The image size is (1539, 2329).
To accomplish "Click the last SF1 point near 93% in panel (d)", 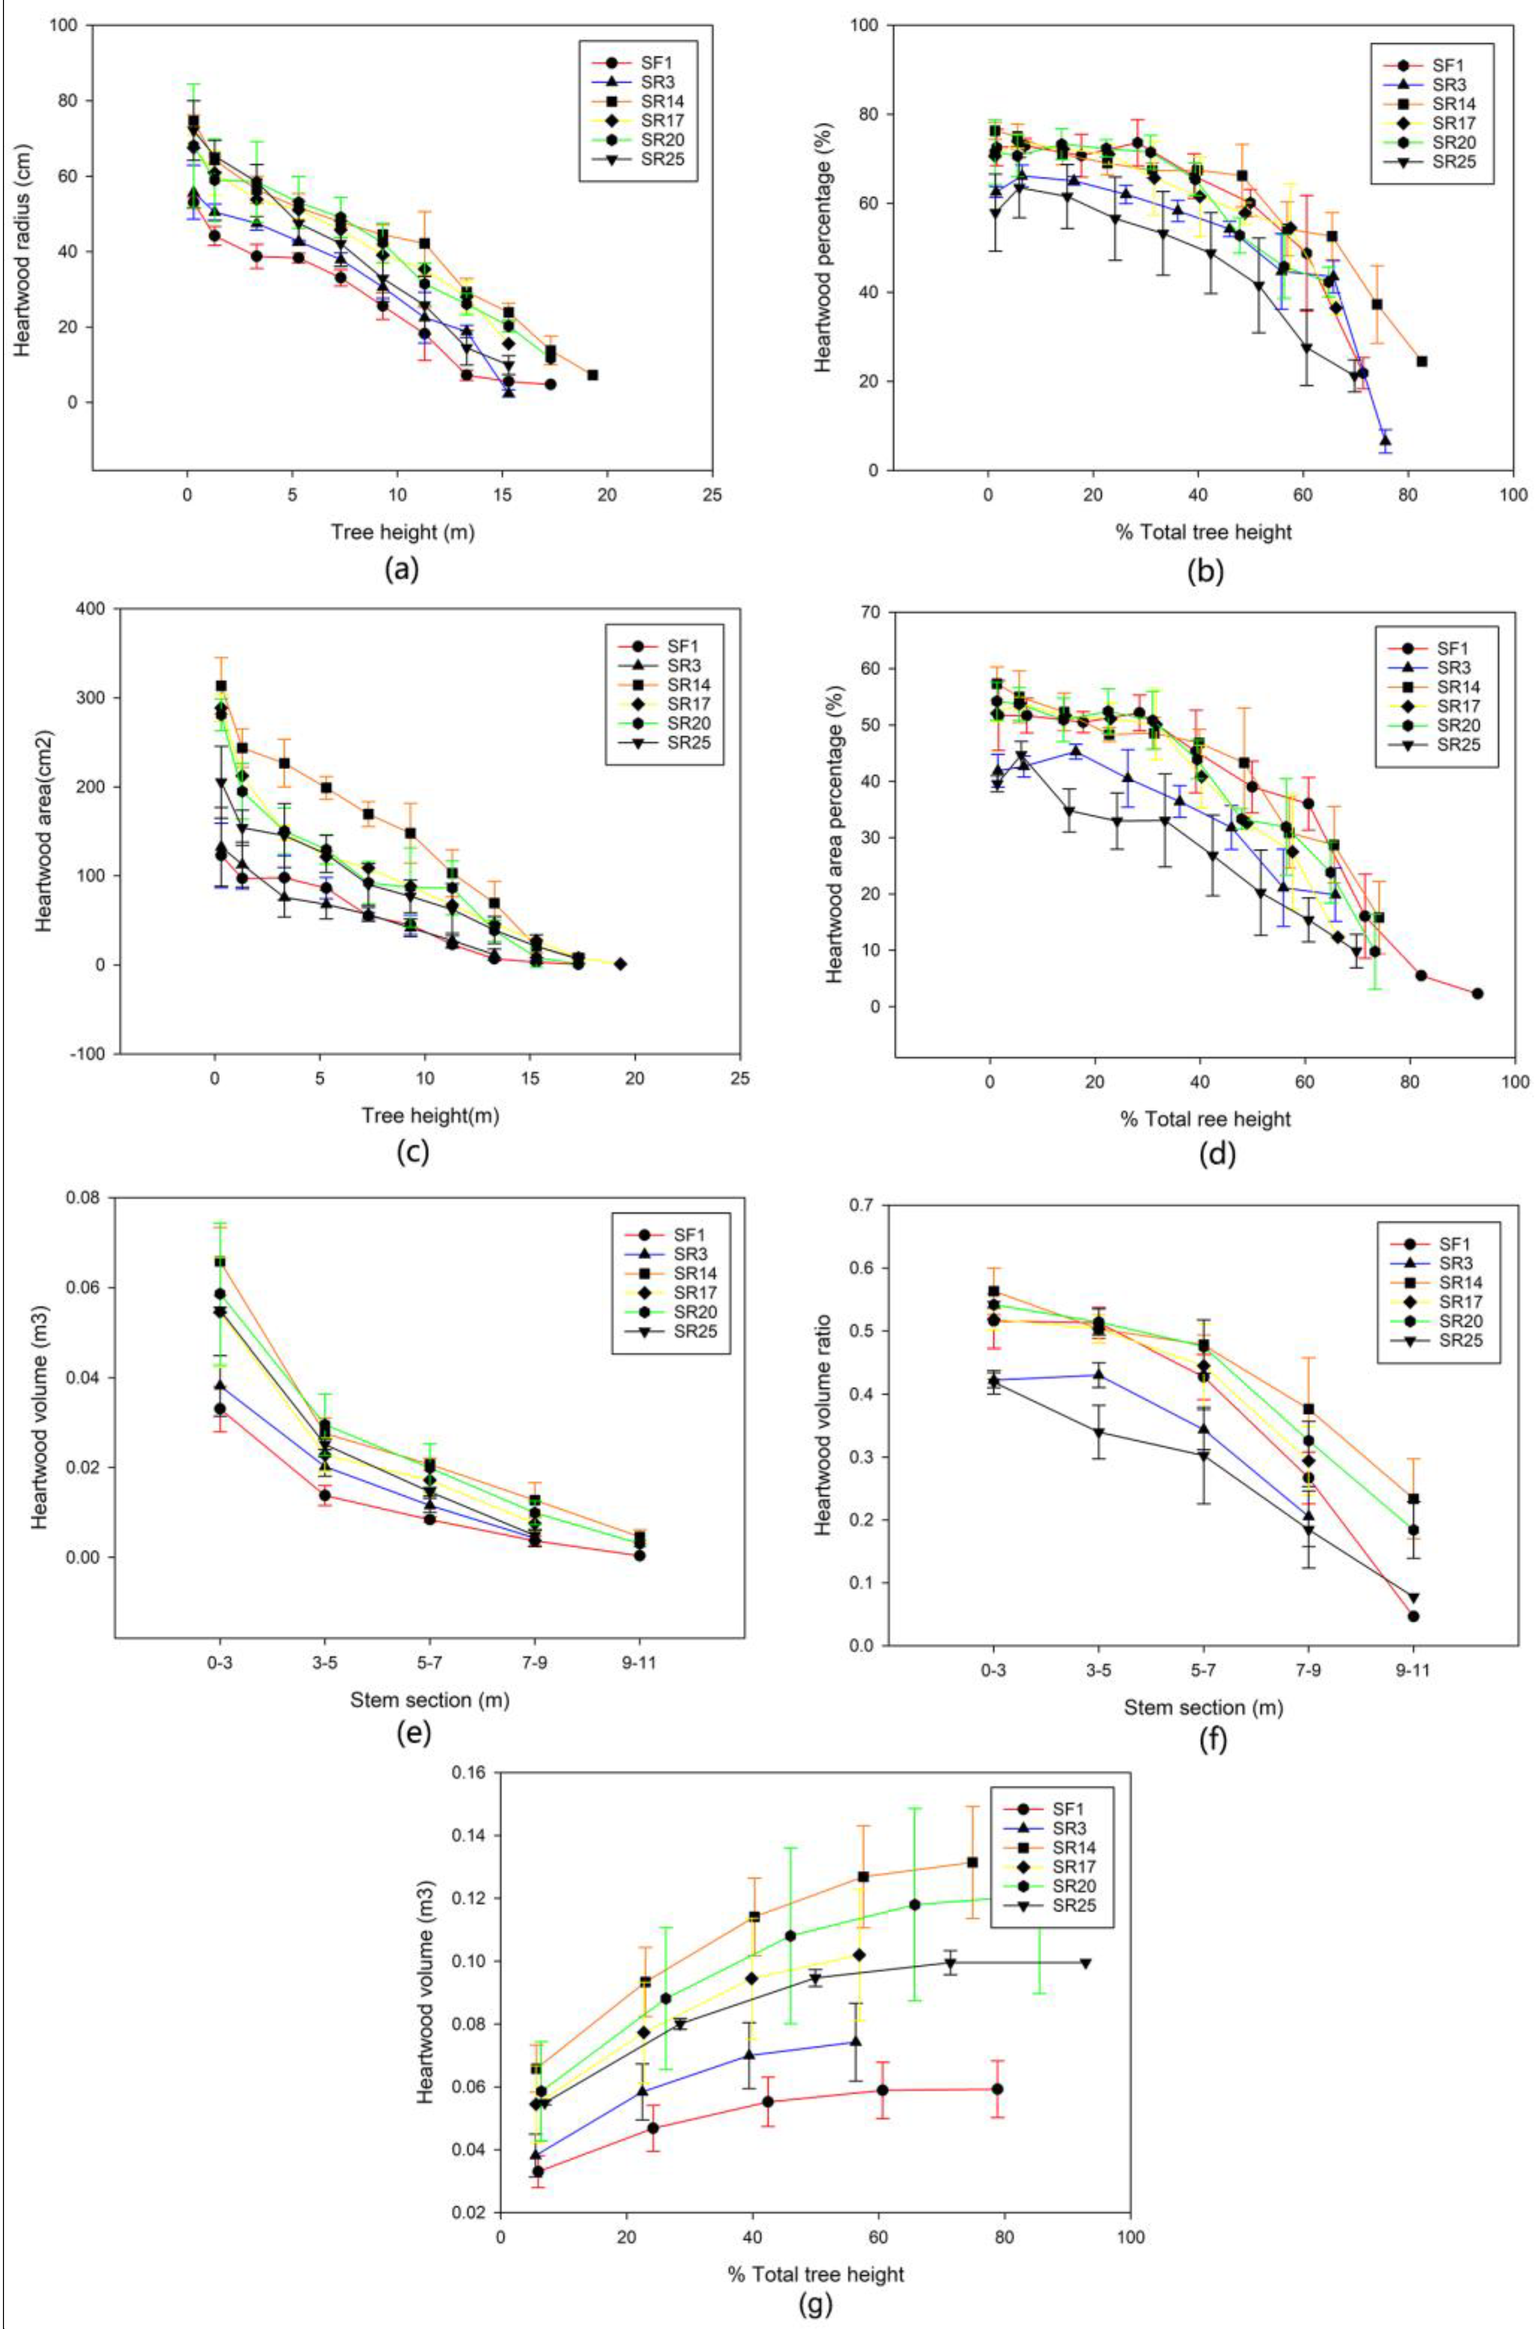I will click(1477, 993).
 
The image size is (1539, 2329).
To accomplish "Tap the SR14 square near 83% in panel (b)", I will click(1421, 361).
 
